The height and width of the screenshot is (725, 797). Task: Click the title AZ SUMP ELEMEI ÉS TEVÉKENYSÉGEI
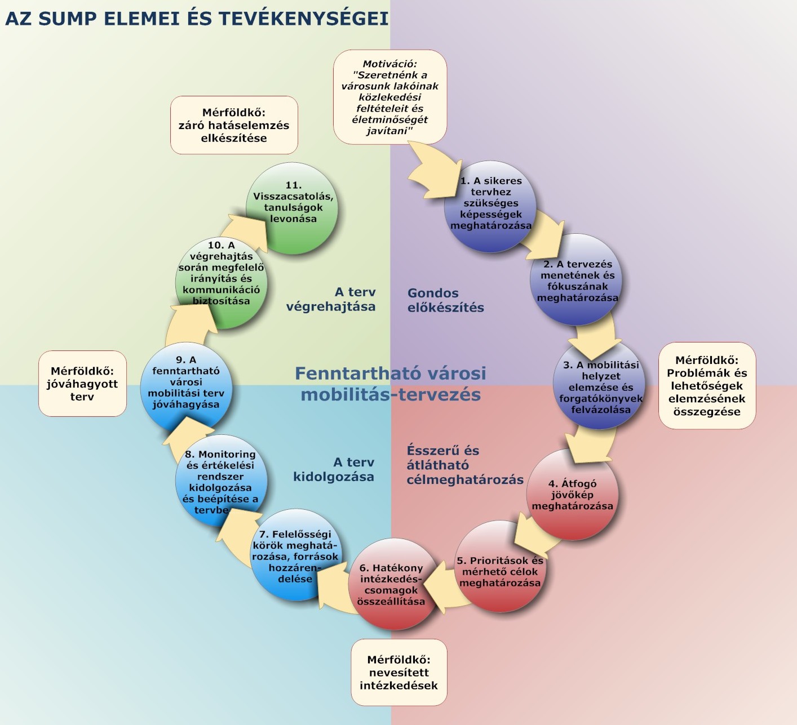pyautogui.click(x=197, y=19)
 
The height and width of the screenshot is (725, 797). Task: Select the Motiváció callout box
pyautogui.click(x=389, y=97)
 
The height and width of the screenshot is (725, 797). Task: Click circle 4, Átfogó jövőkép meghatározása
pyautogui.click(x=572, y=495)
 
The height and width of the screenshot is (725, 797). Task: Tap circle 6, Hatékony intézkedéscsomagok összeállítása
pyautogui.click(x=391, y=585)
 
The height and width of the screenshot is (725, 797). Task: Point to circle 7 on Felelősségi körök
pyautogui.click(x=295, y=556)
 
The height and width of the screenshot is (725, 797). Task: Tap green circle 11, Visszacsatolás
pyautogui.click(x=293, y=207)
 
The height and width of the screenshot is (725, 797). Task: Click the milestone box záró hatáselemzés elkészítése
pyautogui.click(x=234, y=125)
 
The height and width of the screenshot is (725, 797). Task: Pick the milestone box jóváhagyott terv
pyautogui.click(x=82, y=384)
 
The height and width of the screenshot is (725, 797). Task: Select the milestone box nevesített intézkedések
pyautogui.click(x=398, y=672)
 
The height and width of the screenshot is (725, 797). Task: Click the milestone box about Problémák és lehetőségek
pyautogui.click(x=707, y=386)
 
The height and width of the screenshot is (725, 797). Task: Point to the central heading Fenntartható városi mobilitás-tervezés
pyautogui.click(x=390, y=384)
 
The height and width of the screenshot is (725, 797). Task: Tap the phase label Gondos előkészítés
pyautogui.click(x=445, y=300)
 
